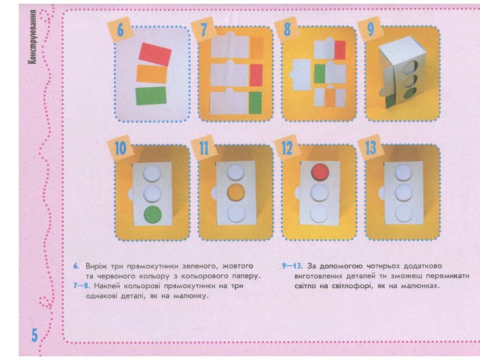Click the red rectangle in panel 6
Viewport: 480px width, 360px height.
(155, 54)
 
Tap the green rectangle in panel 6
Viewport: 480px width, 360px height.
(151, 96)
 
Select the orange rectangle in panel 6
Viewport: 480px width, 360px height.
(151, 75)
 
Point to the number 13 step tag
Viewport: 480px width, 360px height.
(370, 148)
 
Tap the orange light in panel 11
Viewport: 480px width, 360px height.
(236, 192)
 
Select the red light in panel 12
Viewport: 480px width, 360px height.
(320, 172)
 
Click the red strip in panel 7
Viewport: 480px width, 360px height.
(256, 75)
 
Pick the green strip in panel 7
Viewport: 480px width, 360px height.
(255, 103)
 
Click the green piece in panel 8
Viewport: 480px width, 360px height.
(320, 74)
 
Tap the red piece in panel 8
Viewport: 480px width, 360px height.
(340, 50)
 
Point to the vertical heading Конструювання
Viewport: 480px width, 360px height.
(32, 37)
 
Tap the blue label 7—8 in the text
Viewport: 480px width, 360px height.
(82, 286)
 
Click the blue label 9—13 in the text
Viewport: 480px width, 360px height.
(292, 266)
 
